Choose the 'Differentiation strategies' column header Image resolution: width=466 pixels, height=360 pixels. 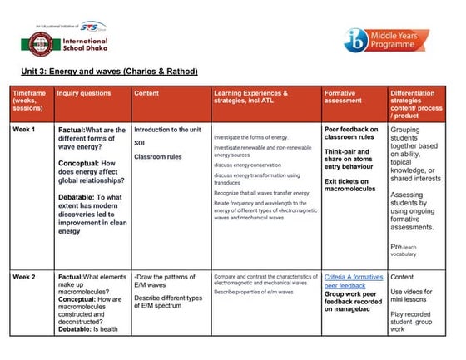[419, 103]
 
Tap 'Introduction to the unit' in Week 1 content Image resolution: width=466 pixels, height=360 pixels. [167, 131]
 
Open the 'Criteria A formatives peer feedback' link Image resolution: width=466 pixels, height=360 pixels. [353, 280]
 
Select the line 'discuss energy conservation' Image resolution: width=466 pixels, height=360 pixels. [248, 164]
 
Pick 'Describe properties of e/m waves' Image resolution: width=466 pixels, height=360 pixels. [255, 293]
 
